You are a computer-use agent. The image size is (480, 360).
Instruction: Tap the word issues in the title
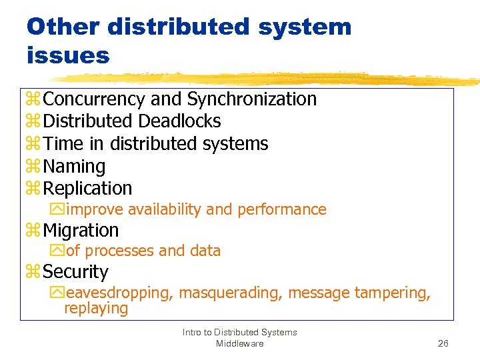tap(68, 56)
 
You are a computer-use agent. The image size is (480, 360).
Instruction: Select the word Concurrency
tap(95, 99)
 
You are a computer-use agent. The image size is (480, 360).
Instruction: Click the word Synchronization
tap(251, 99)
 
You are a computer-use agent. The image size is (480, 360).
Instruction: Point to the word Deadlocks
tap(179, 121)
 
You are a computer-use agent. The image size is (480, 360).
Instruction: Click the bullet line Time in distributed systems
tap(155, 144)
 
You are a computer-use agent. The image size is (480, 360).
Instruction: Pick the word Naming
tap(74, 167)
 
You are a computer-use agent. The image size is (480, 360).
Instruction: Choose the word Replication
tap(87, 189)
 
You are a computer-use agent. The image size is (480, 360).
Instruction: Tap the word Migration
tap(81, 231)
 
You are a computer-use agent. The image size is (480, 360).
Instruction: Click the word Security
tap(75, 272)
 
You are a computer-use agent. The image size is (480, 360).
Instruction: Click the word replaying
tap(95, 308)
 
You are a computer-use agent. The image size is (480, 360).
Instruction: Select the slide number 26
tap(443, 343)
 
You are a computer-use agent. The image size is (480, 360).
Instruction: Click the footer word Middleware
tap(239, 343)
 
